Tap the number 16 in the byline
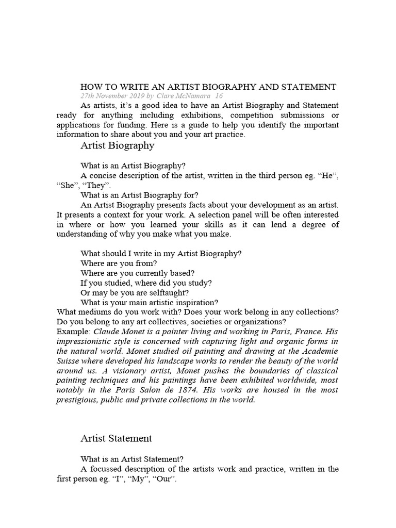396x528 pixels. [219, 96]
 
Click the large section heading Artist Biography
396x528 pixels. [117, 145]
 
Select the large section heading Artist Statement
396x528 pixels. [116, 438]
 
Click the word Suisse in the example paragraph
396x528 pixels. [69, 361]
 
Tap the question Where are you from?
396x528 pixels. [119, 263]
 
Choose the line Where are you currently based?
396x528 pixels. [138, 273]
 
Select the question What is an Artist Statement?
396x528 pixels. [132, 459]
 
